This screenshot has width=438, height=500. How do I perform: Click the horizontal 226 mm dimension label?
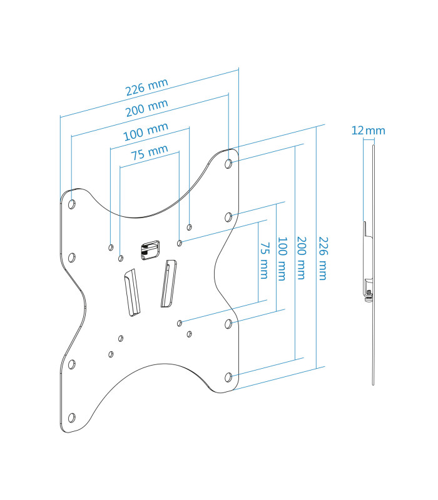coord(147,87)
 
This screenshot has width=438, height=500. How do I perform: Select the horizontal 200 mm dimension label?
coord(147,107)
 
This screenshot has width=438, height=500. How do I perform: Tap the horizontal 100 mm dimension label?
coord(146,131)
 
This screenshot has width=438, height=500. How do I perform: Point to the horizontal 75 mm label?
coord(150,152)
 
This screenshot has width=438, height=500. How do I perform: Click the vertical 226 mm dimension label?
coord(323,258)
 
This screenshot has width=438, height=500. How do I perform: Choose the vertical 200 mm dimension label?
coord(301,258)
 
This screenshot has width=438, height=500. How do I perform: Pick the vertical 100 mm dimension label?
coord(282,259)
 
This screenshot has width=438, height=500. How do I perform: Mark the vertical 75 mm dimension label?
coord(264,261)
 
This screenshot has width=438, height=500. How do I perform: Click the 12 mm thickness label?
coord(368,131)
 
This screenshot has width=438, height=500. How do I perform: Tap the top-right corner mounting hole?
coord(228,164)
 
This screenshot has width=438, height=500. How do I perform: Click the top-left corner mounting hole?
coord(72,204)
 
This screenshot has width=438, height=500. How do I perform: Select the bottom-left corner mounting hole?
coord(72,417)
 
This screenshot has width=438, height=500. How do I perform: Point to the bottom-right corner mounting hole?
coord(228,377)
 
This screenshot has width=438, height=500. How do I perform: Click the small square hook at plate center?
coord(150,250)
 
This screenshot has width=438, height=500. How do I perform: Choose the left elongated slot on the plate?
coord(132,292)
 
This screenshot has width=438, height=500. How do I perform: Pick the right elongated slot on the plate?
coord(168,284)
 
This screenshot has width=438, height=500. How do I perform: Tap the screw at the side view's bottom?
coord(369,296)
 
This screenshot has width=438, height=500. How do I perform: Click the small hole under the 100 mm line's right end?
coord(190,227)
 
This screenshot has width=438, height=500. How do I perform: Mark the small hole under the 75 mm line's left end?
coord(121,258)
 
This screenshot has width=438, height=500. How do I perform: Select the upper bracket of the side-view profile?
coord(368,229)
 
